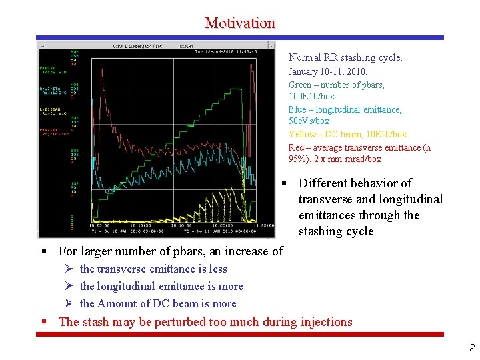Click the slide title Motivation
[x=240, y=23]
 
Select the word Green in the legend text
[x=300, y=85]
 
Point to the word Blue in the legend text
[x=297, y=109]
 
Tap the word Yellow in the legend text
[x=301, y=134]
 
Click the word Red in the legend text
[x=296, y=147]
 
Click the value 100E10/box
[x=311, y=97]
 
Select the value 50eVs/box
[x=309, y=121]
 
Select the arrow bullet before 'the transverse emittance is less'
[x=69, y=269]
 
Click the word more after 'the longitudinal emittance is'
[x=231, y=287]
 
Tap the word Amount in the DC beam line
[x=117, y=304]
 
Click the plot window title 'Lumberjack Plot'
[x=150, y=46]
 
